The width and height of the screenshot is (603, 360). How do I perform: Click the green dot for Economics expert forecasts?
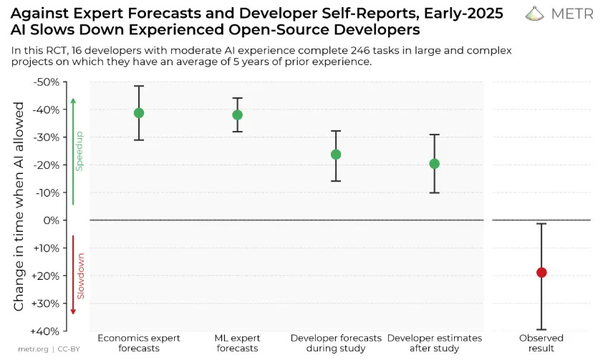(x=139, y=113)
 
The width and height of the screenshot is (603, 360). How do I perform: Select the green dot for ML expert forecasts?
(x=237, y=115)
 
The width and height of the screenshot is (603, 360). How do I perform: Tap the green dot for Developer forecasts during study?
(x=336, y=154)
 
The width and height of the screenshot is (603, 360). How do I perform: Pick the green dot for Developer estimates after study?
(x=434, y=163)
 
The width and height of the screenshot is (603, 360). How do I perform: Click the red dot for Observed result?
(x=541, y=272)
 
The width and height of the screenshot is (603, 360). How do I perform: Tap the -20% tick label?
(x=48, y=165)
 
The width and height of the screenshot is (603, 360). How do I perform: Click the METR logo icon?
(x=535, y=14)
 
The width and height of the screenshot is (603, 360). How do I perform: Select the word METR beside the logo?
(x=571, y=14)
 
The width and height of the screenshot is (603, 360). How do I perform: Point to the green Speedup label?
(x=80, y=150)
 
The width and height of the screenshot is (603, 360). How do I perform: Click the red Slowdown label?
(x=80, y=276)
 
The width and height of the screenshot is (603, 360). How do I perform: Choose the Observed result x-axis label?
(x=541, y=343)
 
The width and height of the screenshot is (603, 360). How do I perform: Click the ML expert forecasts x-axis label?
(x=237, y=343)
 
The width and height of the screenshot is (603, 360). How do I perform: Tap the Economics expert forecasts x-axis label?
(x=139, y=343)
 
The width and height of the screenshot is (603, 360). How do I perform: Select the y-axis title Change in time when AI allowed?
(x=19, y=205)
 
